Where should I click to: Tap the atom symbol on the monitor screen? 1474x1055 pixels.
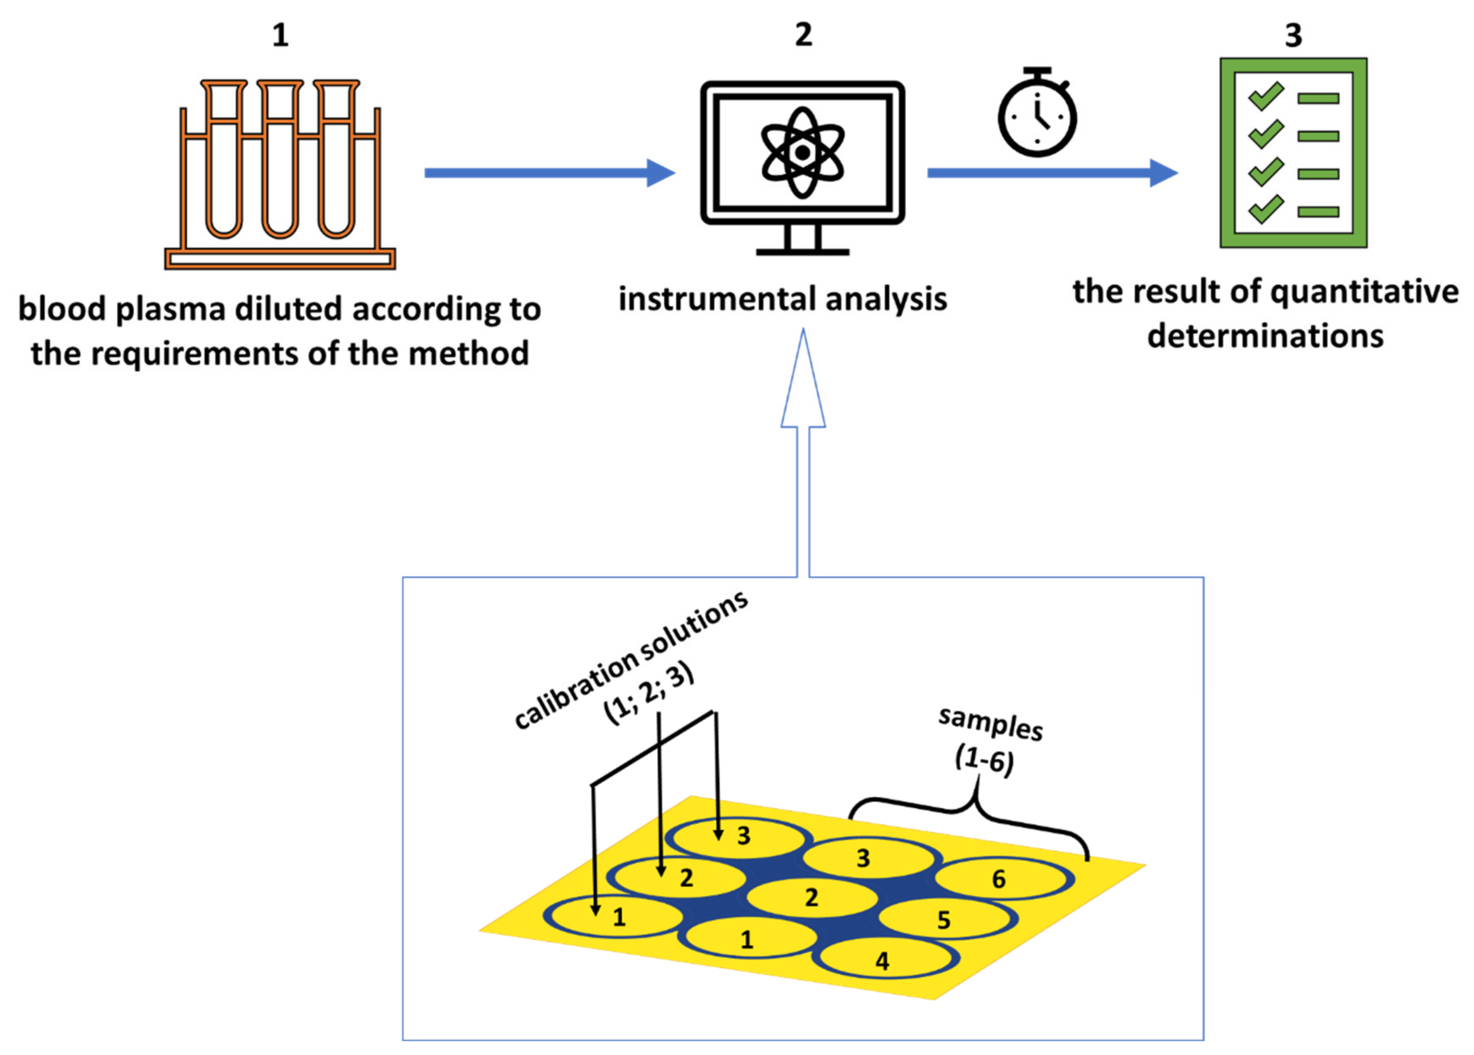(x=802, y=153)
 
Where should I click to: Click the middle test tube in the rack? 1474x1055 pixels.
(x=280, y=159)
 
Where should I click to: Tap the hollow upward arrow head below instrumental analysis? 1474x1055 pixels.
(x=803, y=383)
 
